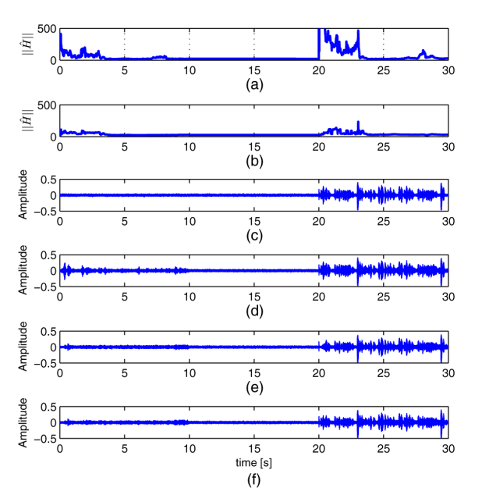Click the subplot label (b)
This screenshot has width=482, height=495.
pos(253,159)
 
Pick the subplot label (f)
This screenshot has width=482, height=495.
pos(253,479)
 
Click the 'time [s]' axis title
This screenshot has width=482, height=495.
pos(253,463)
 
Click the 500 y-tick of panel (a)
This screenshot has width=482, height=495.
pos(47,30)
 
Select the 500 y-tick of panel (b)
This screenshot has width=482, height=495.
pos(47,105)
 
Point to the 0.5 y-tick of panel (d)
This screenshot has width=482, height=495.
pos(47,257)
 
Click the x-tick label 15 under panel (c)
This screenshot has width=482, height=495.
pos(253,222)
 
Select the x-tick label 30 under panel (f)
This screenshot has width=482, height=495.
pos(448,450)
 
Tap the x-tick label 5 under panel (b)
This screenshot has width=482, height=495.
pos(125,146)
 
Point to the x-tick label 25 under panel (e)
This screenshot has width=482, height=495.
pos(383,373)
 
